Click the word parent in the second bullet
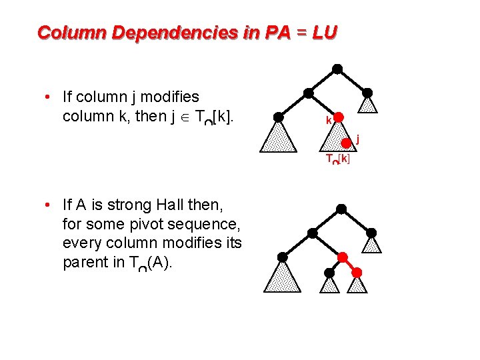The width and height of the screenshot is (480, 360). click(x=85, y=262)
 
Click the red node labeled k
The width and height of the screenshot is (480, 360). click(x=338, y=117)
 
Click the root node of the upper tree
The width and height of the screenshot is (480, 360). click(x=337, y=69)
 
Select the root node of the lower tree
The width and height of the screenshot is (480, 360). click(x=342, y=209)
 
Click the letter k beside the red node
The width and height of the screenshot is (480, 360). click(x=328, y=121)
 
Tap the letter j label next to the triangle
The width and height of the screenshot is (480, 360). click(x=358, y=139)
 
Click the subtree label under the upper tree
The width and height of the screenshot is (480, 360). click(x=337, y=159)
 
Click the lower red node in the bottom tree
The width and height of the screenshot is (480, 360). click(x=357, y=272)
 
